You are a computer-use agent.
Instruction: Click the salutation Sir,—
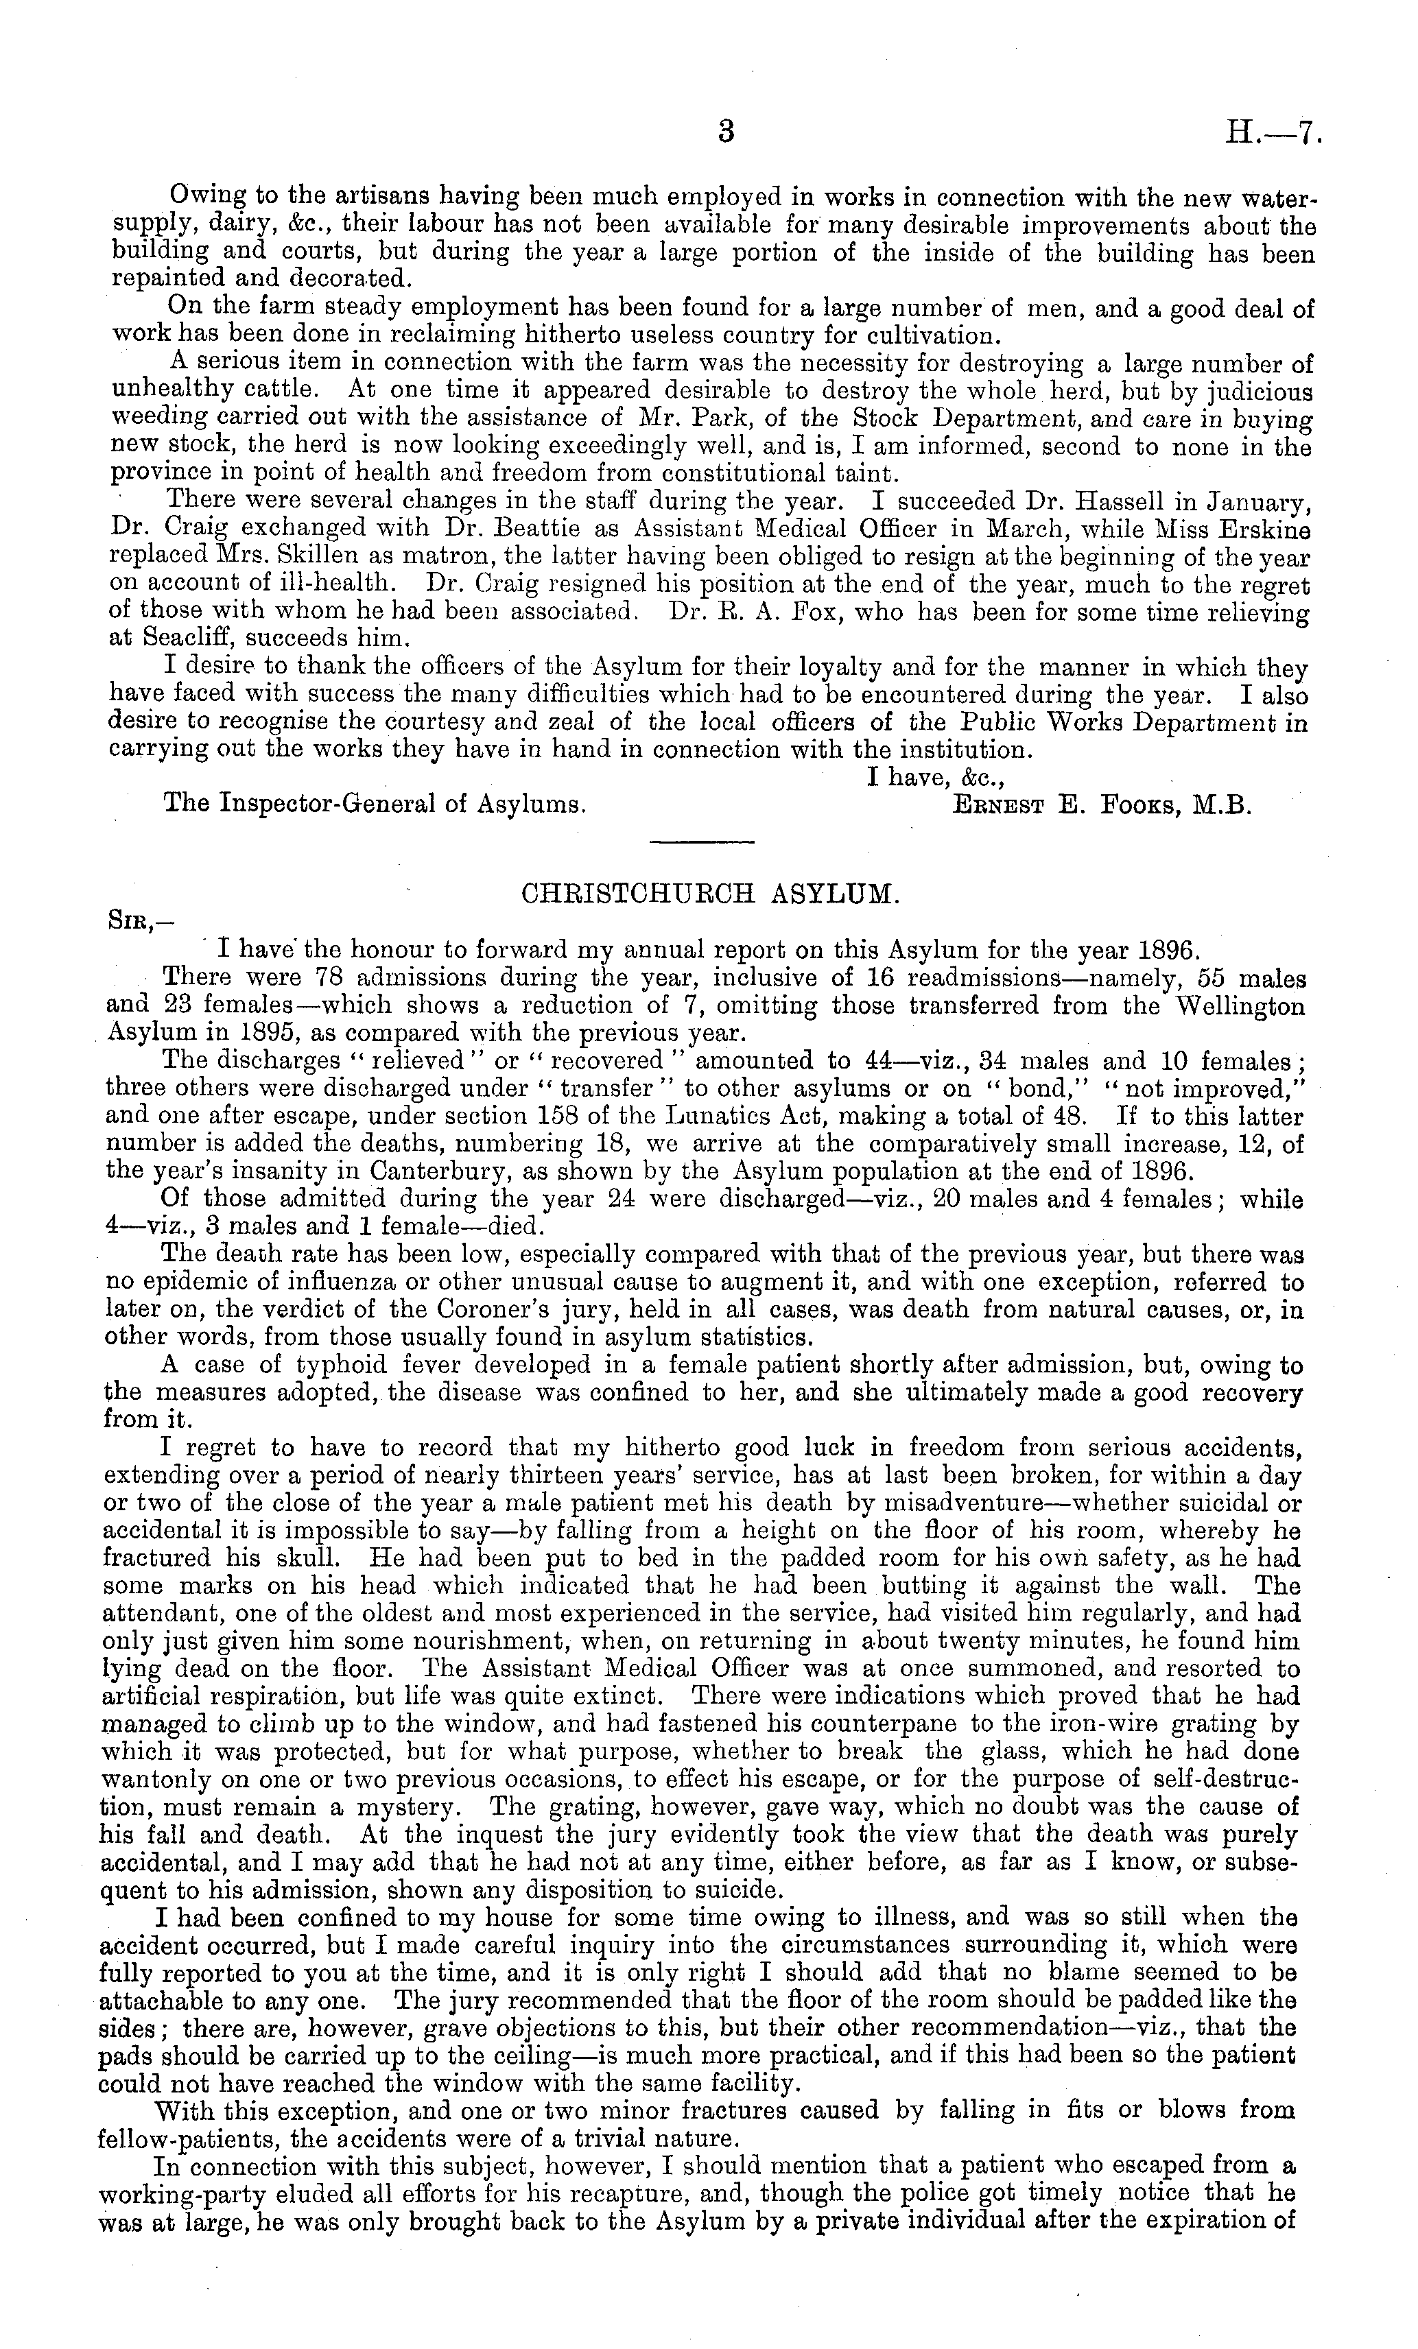coord(139,922)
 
